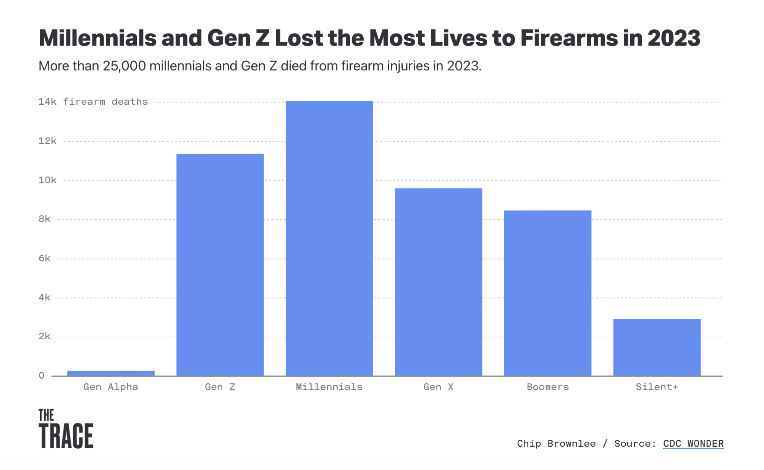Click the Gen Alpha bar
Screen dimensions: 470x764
pos(111,373)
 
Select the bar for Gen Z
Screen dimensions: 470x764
pos(220,265)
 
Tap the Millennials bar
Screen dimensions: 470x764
pos(329,238)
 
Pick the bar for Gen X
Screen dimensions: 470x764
pos(439,282)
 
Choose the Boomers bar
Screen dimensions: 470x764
pos(548,293)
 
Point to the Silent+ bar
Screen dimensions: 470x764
pos(657,347)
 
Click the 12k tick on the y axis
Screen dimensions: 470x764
pos(47,141)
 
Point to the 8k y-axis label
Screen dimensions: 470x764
pos(45,219)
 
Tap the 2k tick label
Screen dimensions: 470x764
pos(45,336)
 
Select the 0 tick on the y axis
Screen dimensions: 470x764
pos(42,376)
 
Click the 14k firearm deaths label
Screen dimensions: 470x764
pos(93,102)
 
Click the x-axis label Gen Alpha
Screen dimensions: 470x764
pos(111,387)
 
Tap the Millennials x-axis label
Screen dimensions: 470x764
pos(329,387)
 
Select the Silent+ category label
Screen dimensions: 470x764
pos(657,387)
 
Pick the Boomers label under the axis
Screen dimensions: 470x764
pos(548,387)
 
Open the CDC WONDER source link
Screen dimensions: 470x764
pos(693,444)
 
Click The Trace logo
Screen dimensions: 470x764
pos(66,429)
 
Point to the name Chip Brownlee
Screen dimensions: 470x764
pos(556,444)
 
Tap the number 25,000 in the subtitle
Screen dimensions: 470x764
pos(124,66)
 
